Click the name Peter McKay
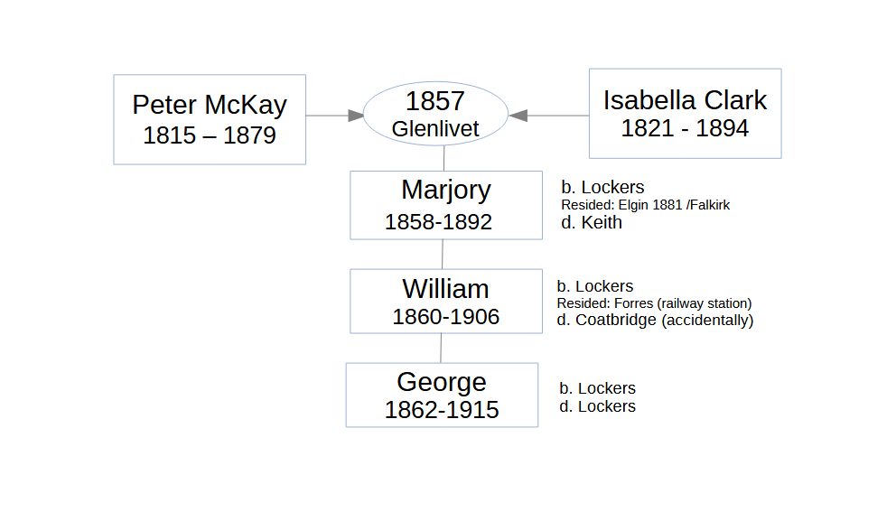[x=210, y=105]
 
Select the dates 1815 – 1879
[x=210, y=135]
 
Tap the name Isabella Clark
[x=685, y=100]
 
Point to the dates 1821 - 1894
[x=685, y=128]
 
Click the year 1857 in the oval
[x=434, y=101]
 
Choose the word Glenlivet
[x=434, y=128]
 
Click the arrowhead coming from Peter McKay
[x=356, y=116]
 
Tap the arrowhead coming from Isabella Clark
[x=518, y=116]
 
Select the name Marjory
[x=445, y=191]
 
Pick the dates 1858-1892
[x=438, y=222]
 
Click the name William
[x=445, y=289]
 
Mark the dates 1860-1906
[x=445, y=317]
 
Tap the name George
[x=442, y=382]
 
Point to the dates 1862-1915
[x=442, y=410]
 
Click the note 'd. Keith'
[x=592, y=222]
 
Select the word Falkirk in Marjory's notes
[x=712, y=205]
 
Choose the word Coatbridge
[x=615, y=320]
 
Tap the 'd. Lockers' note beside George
[x=597, y=406]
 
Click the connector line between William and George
[x=441, y=348]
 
